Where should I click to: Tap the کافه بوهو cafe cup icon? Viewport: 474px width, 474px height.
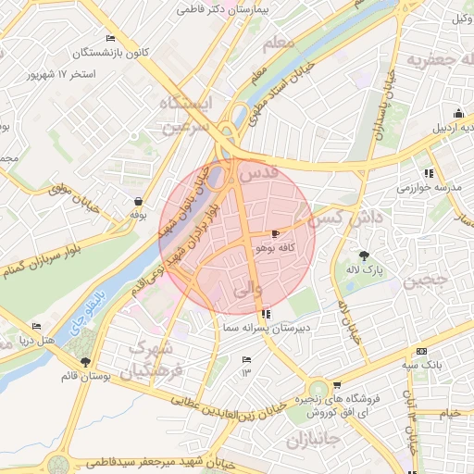[275, 233]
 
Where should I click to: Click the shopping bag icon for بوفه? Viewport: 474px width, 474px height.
[138, 201]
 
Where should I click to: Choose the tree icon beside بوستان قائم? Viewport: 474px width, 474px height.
[86, 362]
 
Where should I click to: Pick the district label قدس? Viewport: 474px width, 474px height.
[258, 173]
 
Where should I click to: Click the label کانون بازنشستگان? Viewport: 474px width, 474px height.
[144, 52]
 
